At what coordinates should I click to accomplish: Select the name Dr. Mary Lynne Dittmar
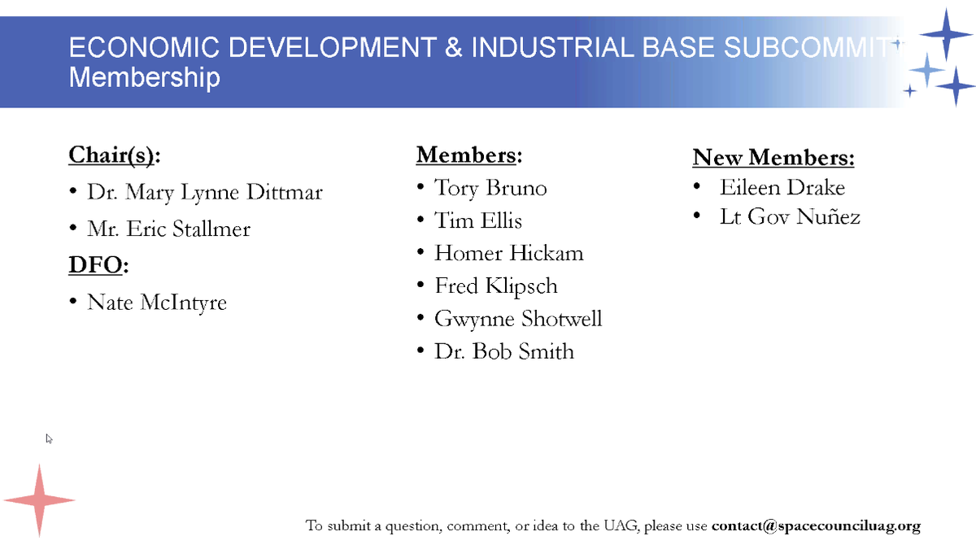tap(205, 193)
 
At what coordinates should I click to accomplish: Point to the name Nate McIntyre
tap(157, 303)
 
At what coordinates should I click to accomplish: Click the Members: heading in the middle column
tap(468, 155)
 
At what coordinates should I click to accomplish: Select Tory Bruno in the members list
tap(490, 188)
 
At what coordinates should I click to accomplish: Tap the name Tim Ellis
tap(478, 220)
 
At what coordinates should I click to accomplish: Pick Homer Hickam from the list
tap(509, 253)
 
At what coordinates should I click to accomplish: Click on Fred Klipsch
tap(496, 285)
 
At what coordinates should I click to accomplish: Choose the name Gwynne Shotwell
tap(518, 318)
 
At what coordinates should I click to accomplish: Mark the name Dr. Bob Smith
tap(504, 351)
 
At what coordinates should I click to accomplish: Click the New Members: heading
tap(773, 157)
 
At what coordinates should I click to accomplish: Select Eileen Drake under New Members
tap(782, 188)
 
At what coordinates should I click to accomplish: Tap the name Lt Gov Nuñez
tap(790, 217)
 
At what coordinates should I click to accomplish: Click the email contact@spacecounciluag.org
tap(816, 525)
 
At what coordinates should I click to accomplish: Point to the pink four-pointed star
tap(39, 500)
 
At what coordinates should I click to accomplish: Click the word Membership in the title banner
tap(144, 78)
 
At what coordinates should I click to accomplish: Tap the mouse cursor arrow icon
tap(49, 438)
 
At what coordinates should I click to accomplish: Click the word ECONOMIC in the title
tap(133, 47)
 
